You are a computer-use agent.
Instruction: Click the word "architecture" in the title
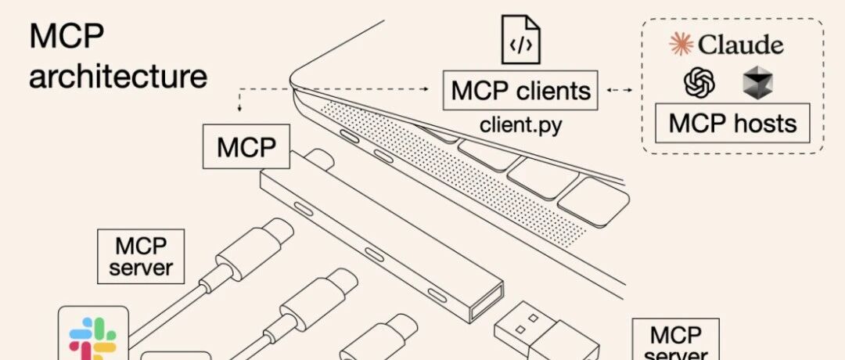point(118,77)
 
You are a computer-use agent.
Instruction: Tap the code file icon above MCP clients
point(520,40)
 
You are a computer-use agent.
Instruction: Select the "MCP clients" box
point(520,90)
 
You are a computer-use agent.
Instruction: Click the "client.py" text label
point(520,125)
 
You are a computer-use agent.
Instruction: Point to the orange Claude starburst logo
point(681,44)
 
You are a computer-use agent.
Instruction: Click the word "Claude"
point(741,44)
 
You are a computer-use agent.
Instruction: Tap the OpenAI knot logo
point(699,84)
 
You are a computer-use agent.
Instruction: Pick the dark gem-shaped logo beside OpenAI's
point(757,85)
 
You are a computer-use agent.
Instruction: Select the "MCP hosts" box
point(732,123)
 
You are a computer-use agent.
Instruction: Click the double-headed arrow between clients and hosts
point(620,90)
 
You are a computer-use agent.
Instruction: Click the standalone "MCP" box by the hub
point(246,146)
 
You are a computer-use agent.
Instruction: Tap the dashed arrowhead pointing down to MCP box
point(239,109)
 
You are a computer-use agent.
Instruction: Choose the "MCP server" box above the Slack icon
point(141,257)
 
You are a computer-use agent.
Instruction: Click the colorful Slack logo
point(92,338)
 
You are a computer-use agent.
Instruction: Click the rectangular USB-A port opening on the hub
point(486,304)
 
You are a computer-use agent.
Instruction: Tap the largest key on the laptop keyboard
point(593,202)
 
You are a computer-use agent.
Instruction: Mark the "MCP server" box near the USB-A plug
point(675,339)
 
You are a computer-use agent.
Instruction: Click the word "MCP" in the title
point(67,37)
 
